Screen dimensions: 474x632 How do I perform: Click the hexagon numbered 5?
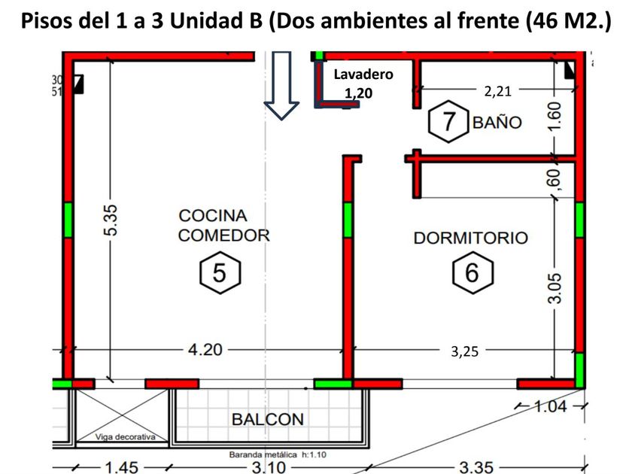tap(220, 273)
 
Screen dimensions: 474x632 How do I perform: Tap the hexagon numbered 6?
tap(472, 273)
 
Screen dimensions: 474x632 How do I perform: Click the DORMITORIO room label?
tap(471, 238)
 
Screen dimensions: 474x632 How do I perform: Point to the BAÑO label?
tap(497, 122)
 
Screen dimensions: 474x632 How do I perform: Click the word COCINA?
tap(212, 216)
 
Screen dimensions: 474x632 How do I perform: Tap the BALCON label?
tap(267, 419)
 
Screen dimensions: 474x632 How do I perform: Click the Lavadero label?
tap(363, 74)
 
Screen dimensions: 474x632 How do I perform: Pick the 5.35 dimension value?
tap(111, 220)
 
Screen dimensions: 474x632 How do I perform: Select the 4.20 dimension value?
tap(204, 349)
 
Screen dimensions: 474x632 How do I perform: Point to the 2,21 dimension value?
tap(497, 90)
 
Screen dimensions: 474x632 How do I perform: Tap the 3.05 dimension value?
tap(555, 288)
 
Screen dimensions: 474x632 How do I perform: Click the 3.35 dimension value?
tap(476, 467)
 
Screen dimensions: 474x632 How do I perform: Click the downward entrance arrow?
tap(282, 84)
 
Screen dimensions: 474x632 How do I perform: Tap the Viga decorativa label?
tap(125, 436)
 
